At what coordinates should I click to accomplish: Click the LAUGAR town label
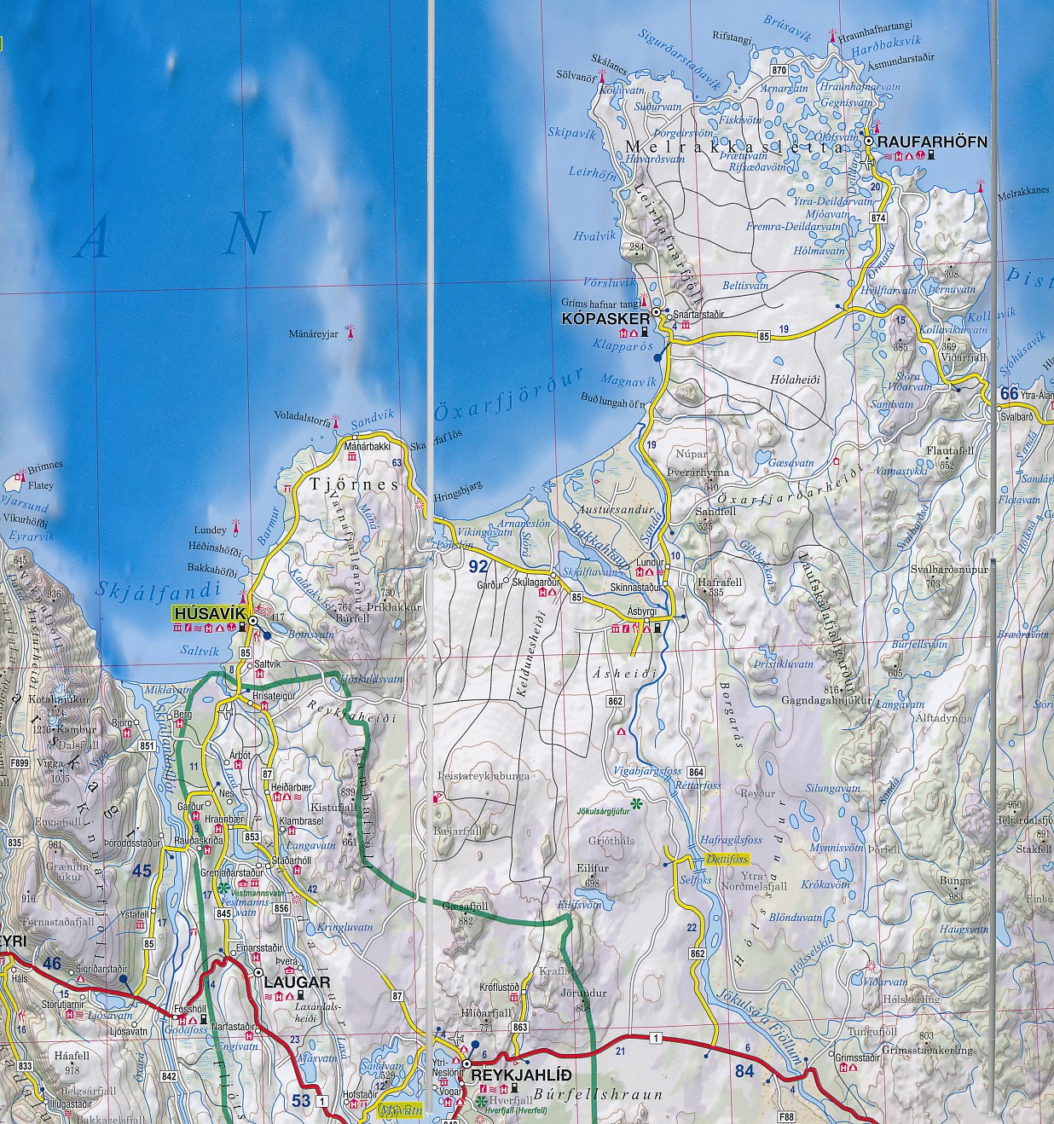coord(298,982)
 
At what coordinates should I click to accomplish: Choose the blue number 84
coord(744,1070)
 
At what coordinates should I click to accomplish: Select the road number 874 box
coord(878,218)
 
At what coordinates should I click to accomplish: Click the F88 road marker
coord(785,1115)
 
